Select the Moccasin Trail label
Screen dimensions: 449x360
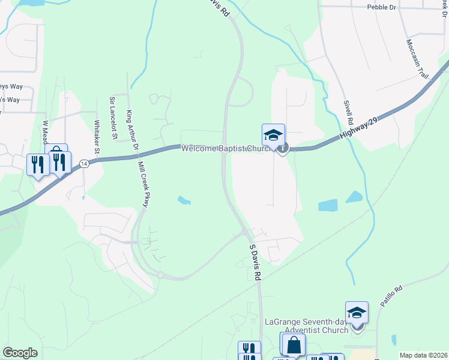418,59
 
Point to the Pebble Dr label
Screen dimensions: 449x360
382,7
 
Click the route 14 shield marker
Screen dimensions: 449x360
85,164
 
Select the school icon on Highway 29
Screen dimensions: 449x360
273,135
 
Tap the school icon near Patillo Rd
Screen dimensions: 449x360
357,313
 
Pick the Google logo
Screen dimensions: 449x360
20,353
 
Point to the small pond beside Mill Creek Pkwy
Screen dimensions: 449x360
183,200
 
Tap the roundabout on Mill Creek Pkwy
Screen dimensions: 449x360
161,275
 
